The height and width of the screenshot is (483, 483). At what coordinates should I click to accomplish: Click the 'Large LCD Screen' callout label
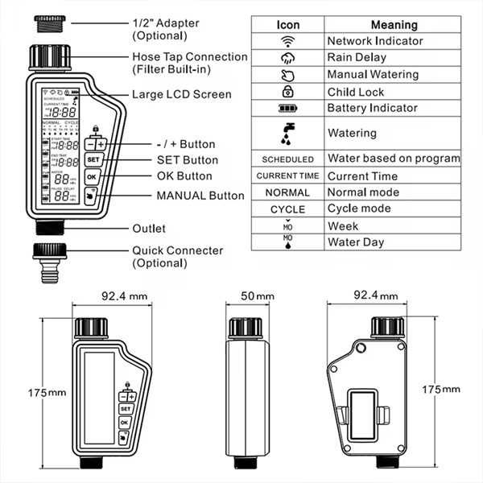click(181, 94)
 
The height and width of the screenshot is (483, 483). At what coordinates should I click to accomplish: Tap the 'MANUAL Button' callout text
click(200, 195)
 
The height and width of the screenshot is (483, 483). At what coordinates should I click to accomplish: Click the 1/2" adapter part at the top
click(51, 26)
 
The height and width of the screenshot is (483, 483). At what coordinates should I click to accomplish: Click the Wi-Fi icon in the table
click(288, 41)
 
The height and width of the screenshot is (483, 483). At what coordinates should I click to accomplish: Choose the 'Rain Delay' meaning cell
click(356, 58)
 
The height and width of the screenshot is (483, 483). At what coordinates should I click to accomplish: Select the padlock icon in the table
click(288, 92)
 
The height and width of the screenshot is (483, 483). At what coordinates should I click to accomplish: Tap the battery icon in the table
click(288, 108)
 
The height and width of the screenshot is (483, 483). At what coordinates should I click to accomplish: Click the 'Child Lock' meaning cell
click(356, 92)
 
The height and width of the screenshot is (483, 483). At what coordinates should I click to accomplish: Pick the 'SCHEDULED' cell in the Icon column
click(288, 159)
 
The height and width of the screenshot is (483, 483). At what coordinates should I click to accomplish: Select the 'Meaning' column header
click(394, 25)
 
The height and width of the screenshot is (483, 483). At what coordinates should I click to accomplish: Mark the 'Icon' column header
click(288, 25)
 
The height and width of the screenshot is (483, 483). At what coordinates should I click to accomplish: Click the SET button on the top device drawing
click(92, 159)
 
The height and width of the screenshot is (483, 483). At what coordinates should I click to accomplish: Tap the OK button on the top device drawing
click(92, 176)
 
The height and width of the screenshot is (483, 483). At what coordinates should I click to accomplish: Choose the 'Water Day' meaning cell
click(355, 242)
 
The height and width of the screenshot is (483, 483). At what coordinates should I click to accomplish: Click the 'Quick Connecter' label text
click(177, 250)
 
